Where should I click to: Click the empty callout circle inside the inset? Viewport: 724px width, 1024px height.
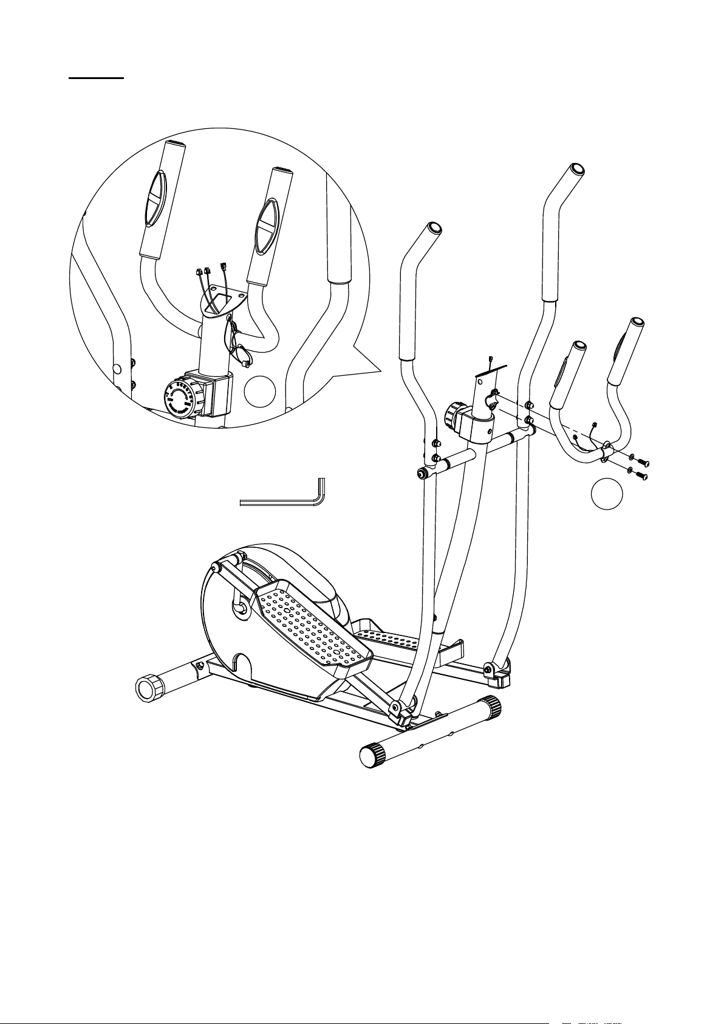(260, 391)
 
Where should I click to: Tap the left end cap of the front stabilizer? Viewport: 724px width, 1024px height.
(371, 756)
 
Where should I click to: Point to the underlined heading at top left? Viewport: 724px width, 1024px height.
(96, 78)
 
